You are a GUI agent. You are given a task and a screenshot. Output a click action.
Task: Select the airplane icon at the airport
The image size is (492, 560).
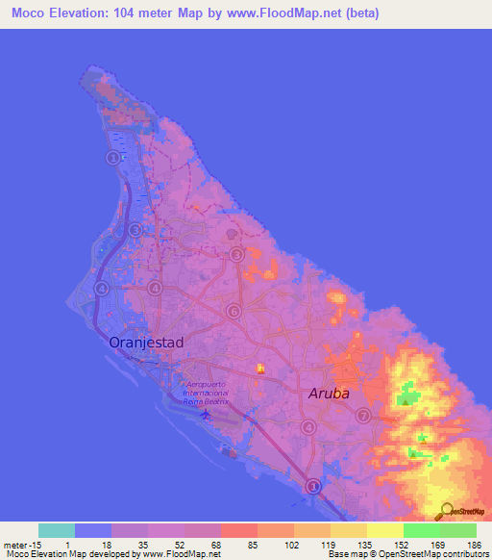[x=206, y=414]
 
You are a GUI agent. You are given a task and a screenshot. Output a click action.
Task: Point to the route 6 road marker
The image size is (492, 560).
[x=234, y=311]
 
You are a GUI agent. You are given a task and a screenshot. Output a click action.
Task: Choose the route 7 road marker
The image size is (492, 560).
[x=363, y=416]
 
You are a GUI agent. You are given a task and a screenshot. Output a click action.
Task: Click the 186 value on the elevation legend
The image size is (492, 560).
[x=471, y=544]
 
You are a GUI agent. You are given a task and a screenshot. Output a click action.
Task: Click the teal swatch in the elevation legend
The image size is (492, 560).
[x=57, y=530]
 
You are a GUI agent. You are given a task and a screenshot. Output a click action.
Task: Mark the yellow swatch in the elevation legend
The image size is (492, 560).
[x=384, y=530]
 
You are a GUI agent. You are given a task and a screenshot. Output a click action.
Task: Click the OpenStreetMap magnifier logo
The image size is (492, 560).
[x=445, y=510]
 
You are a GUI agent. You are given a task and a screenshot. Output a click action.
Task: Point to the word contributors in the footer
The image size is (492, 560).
[x=459, y=554]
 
